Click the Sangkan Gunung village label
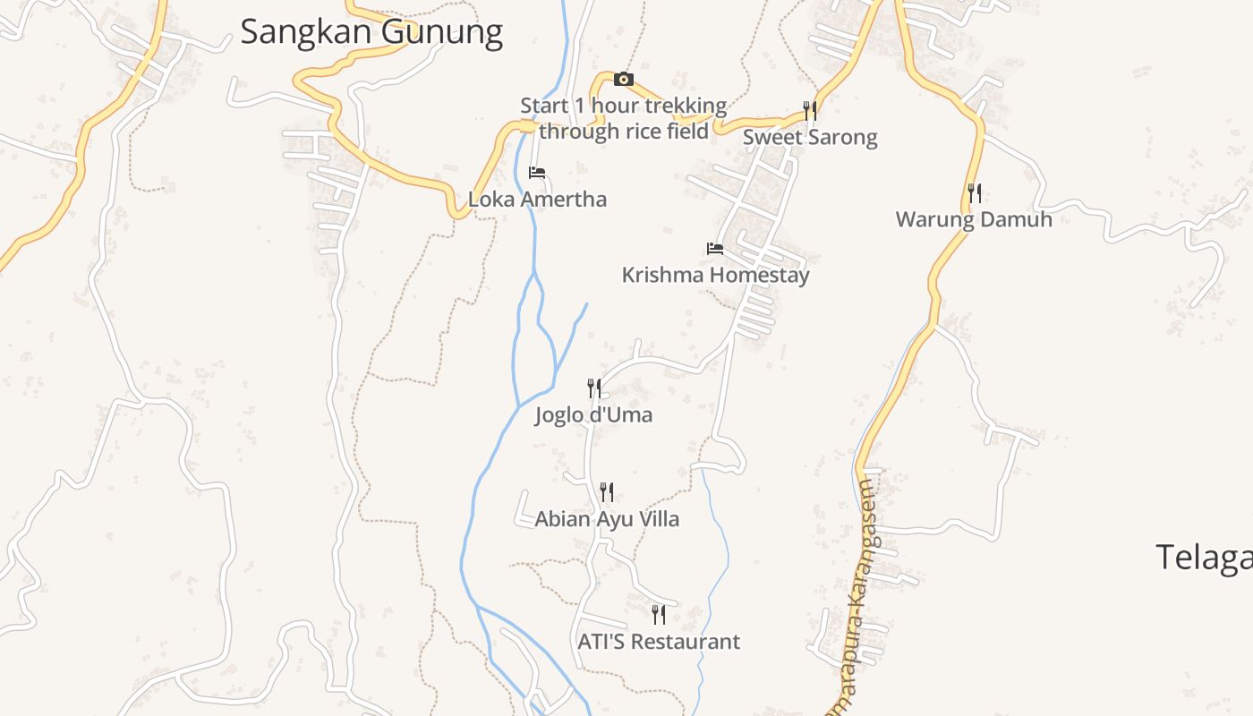coord(371,32)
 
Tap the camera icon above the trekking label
coord(624,80)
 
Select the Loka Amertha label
coord(537,200)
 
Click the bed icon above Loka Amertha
coord(537,173)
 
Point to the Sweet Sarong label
coord(810,138)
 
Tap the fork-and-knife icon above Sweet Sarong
coord(810,111)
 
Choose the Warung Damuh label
coord(974,219)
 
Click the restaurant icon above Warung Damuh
coord(975,192)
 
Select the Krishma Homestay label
coord(715,275)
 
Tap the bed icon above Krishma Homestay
coord(715,248)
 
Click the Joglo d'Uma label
coord(593,415)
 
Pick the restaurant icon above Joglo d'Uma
coord(593,388)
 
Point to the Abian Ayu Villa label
coord(607,519)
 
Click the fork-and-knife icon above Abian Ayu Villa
coord(607,492)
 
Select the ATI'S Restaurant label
coord(659,642)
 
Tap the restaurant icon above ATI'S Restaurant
coord(659,615)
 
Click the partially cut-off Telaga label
coord(1204,558)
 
